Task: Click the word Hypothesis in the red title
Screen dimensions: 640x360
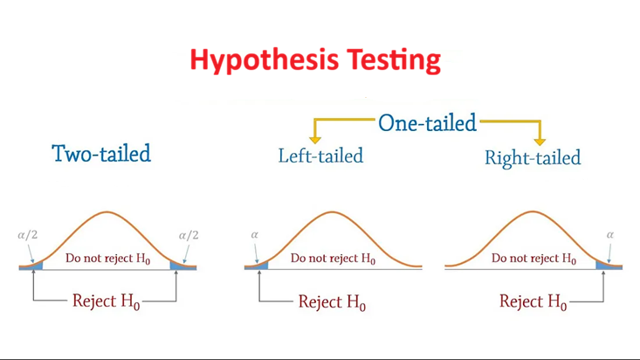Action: point(264,60)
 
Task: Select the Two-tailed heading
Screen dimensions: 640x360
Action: point(101,154)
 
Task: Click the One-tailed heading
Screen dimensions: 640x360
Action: point(427,122)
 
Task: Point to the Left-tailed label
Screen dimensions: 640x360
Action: point(320,156)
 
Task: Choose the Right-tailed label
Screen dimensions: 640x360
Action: point(533,158)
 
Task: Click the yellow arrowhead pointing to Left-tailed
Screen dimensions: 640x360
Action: point(314,140)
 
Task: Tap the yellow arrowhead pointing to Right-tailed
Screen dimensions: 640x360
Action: point(540,142)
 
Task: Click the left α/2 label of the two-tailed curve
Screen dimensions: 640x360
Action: point(28,235)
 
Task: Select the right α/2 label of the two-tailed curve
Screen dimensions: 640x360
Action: point(189,235)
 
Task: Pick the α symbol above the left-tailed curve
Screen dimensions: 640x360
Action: point(255,235)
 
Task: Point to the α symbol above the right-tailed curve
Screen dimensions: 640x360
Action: point(610,235)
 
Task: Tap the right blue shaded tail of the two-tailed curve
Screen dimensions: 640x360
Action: point(182,267)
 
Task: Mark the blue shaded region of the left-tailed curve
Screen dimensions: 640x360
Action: point(258,267)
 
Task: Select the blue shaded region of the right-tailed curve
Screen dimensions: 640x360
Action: point(609,266)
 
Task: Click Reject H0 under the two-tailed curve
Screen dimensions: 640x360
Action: point(107,301)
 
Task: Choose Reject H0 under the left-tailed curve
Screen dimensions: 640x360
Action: point(332,302)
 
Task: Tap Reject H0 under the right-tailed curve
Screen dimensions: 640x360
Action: point(533,302)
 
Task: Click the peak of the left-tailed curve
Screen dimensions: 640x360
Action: point(333,212)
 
